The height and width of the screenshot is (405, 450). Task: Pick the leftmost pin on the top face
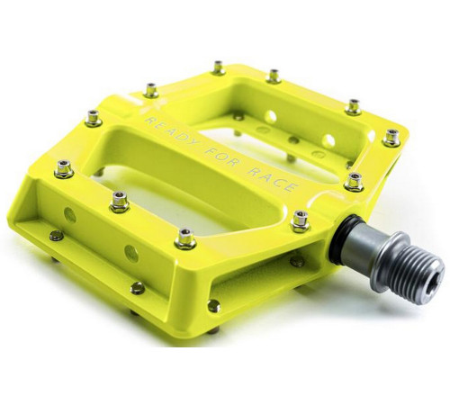pos(63,167)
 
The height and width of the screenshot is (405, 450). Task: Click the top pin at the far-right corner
pos(391,138)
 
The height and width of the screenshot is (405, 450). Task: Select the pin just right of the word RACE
pos(354,181)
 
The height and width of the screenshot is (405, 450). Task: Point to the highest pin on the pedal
pos(219,67)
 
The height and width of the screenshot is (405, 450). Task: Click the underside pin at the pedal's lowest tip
pos(213,307)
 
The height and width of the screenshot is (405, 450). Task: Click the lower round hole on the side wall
pos(130,253)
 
